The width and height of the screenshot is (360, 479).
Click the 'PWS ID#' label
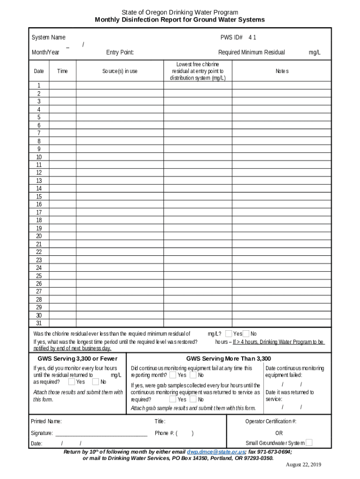(231, 37)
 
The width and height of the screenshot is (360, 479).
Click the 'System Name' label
(48, 37)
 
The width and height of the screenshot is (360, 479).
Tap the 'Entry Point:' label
(120, 52)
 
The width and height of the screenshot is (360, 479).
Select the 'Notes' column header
(282, 71)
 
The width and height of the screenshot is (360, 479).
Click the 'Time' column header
(62, 71)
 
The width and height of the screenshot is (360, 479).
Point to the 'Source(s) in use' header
(120, 71)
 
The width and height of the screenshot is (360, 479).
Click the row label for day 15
(39, 196)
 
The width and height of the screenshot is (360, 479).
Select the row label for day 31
(39, 323)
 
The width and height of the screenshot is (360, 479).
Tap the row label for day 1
(39, 85)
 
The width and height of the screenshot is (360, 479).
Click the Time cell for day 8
(62, 141)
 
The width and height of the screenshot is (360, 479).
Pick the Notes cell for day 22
(282, 252)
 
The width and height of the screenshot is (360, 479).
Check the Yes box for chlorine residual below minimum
(229, 334)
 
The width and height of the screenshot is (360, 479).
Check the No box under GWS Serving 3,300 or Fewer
(95, 382)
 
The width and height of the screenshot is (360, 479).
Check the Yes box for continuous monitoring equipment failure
(173, 375)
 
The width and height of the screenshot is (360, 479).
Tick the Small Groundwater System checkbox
(309, 443)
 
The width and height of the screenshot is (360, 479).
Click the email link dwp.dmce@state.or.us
(216, 452)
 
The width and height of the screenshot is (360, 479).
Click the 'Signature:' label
(42, 433)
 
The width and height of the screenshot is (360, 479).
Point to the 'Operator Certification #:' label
(271, 421)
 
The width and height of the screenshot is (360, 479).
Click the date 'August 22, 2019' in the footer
(303, 464)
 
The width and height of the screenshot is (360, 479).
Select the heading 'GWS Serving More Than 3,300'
(229, 359)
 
